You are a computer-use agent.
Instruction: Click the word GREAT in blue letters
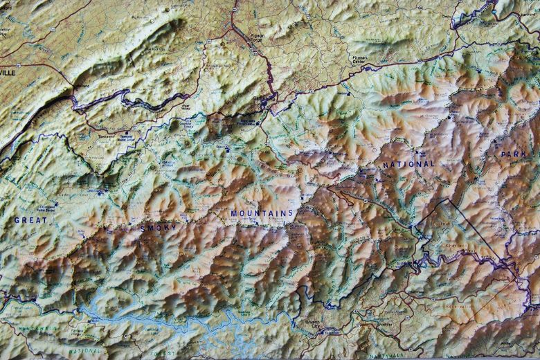pos(30,220)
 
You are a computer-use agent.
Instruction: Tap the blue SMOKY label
pos(158,227)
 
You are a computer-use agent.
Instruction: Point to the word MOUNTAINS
pos(262,213)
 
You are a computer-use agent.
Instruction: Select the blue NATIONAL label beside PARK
pos(408,165)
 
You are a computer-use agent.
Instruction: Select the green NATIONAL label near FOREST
pos(84,352)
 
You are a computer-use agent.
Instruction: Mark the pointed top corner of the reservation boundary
pos(449,199)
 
